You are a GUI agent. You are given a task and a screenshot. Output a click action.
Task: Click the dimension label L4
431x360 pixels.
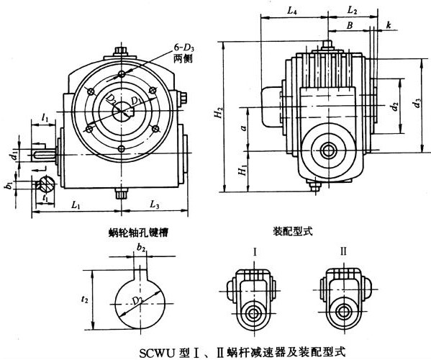291,11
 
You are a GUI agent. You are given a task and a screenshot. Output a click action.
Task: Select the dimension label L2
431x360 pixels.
352,11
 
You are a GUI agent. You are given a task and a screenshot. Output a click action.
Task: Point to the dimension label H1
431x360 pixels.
243,171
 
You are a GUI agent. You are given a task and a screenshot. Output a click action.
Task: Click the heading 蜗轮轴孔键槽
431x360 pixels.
133,233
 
